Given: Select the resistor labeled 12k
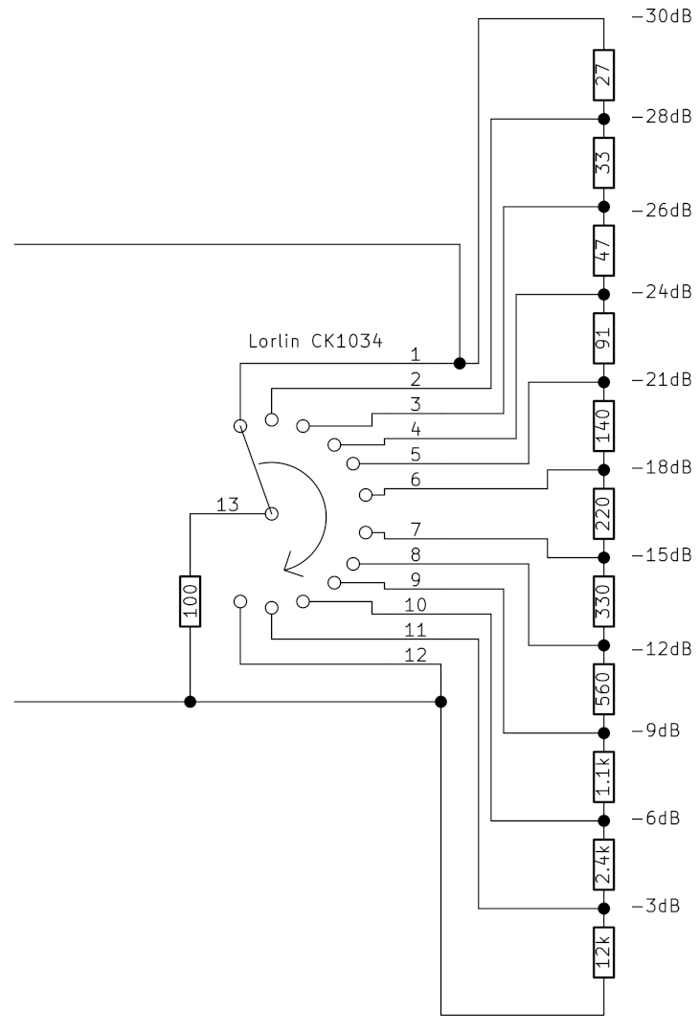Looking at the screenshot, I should (x=604, y=952).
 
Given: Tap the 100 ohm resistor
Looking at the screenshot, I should (x=192, y=601).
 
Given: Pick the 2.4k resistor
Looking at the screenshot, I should (x=604, y=865).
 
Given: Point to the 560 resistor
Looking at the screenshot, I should (x=604, y=687).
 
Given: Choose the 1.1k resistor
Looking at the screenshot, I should (x=604, y=776).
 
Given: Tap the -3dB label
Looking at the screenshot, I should (x=656, y=906).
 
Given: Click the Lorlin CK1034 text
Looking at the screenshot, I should (x=315, y=340).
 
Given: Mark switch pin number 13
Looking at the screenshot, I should (x=227, y=505).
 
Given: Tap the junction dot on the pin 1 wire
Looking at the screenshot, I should (x=460, y=363).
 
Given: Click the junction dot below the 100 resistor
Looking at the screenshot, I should (x=191, y=702).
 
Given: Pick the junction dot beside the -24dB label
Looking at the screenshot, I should (x=604, y=294).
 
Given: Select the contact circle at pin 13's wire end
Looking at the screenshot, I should (x=271, y=514).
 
